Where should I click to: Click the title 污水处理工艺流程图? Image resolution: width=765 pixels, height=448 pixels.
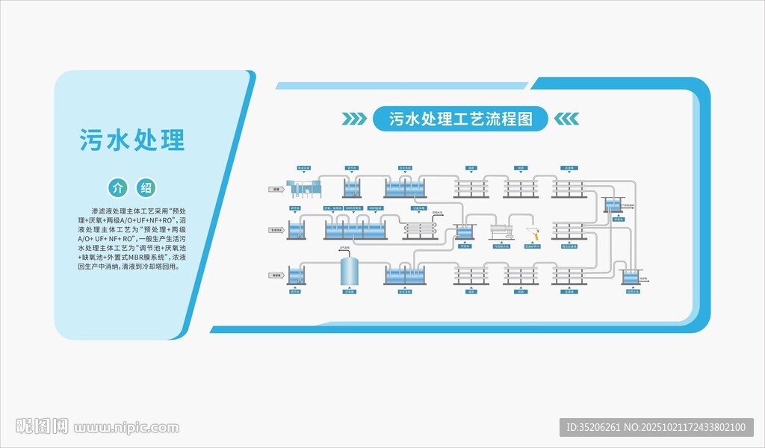coord(461,119)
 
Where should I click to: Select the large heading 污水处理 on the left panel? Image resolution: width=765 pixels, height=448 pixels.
coord(132,140)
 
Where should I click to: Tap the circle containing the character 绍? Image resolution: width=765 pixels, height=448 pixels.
coord(146,187)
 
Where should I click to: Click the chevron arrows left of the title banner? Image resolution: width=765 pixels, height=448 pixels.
coord(355,119)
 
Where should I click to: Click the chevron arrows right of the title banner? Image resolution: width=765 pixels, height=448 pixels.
coord(567,119)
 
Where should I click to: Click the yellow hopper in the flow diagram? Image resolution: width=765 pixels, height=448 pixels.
coord(532,234)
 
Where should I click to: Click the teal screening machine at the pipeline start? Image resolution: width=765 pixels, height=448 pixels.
coord(307,190)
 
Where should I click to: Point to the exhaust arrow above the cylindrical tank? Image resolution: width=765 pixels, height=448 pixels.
coord(349,252)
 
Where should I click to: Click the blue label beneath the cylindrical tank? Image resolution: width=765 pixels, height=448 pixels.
coord(349,292)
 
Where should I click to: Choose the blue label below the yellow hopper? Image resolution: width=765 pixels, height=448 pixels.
coord(532,246)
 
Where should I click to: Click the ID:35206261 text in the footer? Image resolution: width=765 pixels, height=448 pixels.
coord(594,428)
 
